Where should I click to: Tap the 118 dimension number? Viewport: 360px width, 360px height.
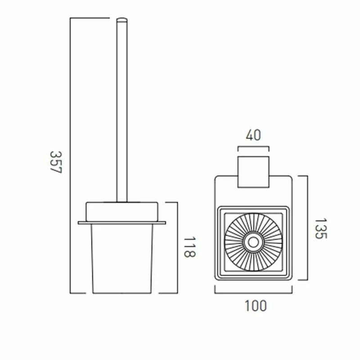coord(190,247)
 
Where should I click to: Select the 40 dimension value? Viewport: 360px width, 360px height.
coord(253,135)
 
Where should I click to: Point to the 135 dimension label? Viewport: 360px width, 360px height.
coord(320,229)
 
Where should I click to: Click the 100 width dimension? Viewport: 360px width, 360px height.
coord(256,306)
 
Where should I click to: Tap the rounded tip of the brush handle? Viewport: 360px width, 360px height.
coord(121,20)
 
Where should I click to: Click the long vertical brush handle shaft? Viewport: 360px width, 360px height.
coord(121,112)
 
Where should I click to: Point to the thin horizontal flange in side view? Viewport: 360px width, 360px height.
coord(122,222)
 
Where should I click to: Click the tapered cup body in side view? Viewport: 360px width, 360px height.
coord(122,259)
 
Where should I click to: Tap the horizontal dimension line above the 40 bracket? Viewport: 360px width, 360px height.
coord(253,147)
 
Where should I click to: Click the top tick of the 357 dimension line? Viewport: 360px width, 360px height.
coord(90,18)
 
